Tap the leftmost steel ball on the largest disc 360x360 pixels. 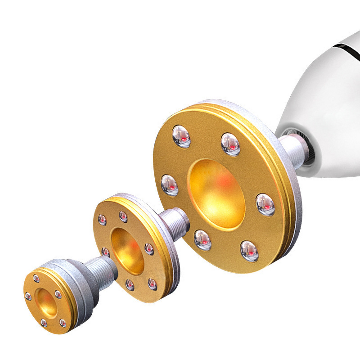pyautogui.click(x=170, y=185)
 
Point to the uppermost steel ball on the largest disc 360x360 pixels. pyautogui.click(x=182, y=136)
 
